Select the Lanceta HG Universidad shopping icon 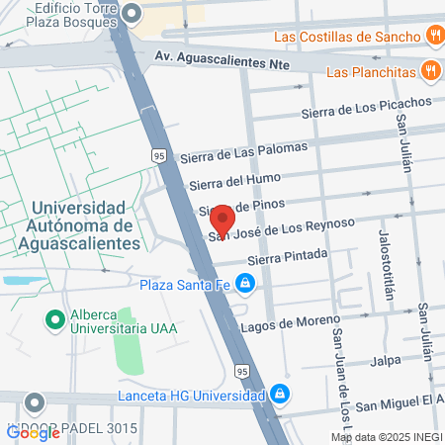pyautogui.click(x=281, y=394)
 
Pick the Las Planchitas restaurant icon pyautogui.click(x=429, y=71)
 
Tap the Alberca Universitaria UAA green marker pyautogui.click(x=54, y=321)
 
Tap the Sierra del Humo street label pyautogui.click(x=234, y=181)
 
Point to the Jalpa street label pyautogui.click(x=384, y=362)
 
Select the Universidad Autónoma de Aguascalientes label pyautogui.click(x=81, y=224)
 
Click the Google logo pyautogui.click(x=35, y=432)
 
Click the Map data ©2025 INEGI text pyautogui.click(x=386, y=437)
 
